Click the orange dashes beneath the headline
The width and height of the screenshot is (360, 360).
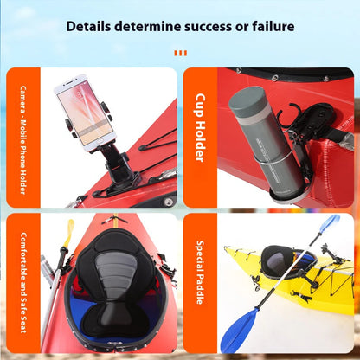[180, 54]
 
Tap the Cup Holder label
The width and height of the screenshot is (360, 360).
[200, 128]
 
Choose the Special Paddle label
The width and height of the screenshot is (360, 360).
[200, 272]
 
